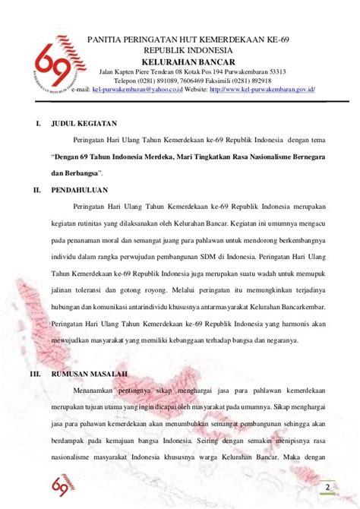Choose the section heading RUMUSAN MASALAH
[88, 375]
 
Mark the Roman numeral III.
[34, 375]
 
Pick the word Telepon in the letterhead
[127, 81]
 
